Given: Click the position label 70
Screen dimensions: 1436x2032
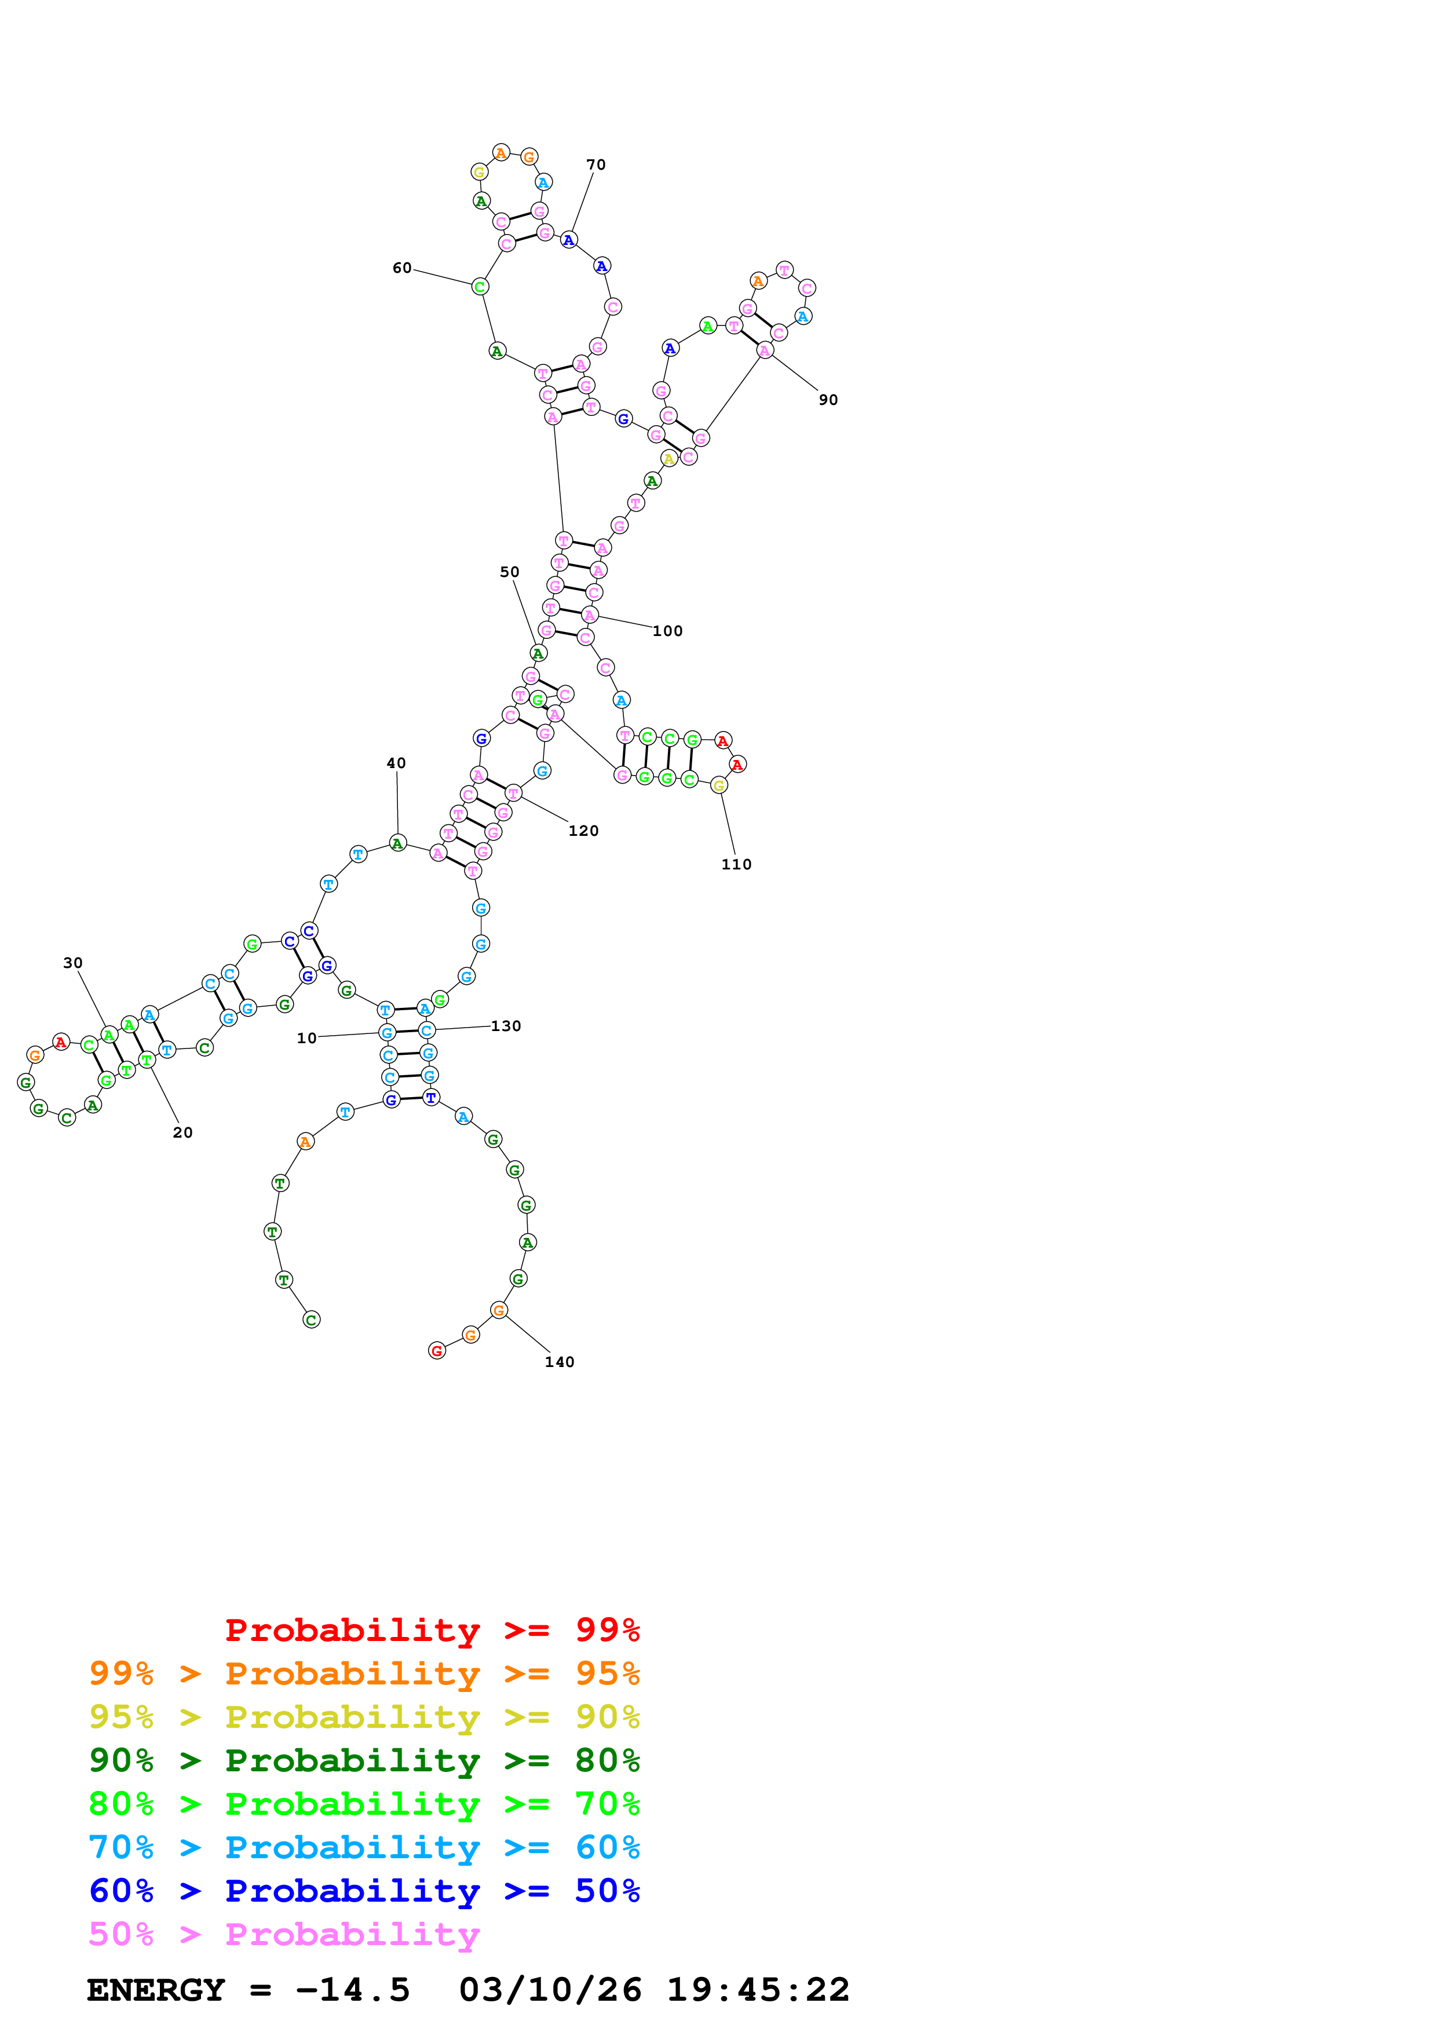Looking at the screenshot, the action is (x=595, y=165).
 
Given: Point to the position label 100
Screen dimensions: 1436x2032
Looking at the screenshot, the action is (x=667, y=631).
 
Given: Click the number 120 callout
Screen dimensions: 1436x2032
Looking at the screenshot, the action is (x=583, y=831).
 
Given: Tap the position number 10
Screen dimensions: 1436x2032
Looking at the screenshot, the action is (x=306, y=1038).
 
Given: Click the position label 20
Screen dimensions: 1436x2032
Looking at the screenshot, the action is (x=182, y=1133).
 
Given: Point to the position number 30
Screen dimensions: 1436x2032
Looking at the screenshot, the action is (x=72, y=963).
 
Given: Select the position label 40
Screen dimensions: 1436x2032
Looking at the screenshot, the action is (x=396, y=763).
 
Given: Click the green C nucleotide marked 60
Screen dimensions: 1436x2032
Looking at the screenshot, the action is (x=480, y=287).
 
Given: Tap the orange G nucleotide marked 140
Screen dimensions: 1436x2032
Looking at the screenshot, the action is (x=499, y=1310).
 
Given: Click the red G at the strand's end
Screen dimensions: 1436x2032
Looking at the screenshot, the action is (x=436, y=1351).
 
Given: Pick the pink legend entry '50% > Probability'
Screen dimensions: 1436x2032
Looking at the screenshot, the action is (x=284, y=1934).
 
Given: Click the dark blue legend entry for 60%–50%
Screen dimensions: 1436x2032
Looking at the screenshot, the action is (x=364, y=1891).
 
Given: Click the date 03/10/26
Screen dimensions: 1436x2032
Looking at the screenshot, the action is (x=550, y=1990).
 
